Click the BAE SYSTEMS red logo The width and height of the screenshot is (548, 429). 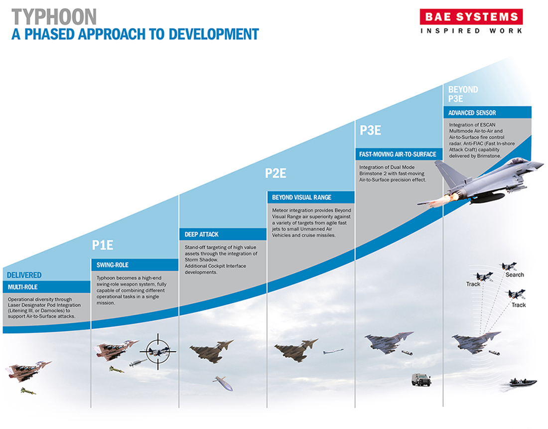[x=471, y=17]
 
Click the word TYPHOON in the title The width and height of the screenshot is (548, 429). [x=54, y=17]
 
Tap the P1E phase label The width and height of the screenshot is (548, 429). [x=103, y=245]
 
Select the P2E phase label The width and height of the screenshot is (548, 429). [x=275, y=173]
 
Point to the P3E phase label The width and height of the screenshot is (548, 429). [x=370, y=130]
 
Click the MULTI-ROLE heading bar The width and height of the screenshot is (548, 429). [x=46, y=287]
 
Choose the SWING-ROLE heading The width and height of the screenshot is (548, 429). [x=113, y=265]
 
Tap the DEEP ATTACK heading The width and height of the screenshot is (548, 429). [x=202, y=234]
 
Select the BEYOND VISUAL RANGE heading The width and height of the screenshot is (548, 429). [x=301, y=198]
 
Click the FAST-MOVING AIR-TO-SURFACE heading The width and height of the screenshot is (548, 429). [x=398, y=154]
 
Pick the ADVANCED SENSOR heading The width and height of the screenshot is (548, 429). [x=472, y=113]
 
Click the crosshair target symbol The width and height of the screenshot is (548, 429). [x=158, y=351]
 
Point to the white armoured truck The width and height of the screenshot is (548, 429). [x=421, y=380]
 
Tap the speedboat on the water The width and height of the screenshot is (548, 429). [x=523, y=382]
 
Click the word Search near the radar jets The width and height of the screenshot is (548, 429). [x=515, y=275]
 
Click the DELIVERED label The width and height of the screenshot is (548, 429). [x=24, y=275]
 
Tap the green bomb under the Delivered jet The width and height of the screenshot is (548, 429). [x=28, y=391]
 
